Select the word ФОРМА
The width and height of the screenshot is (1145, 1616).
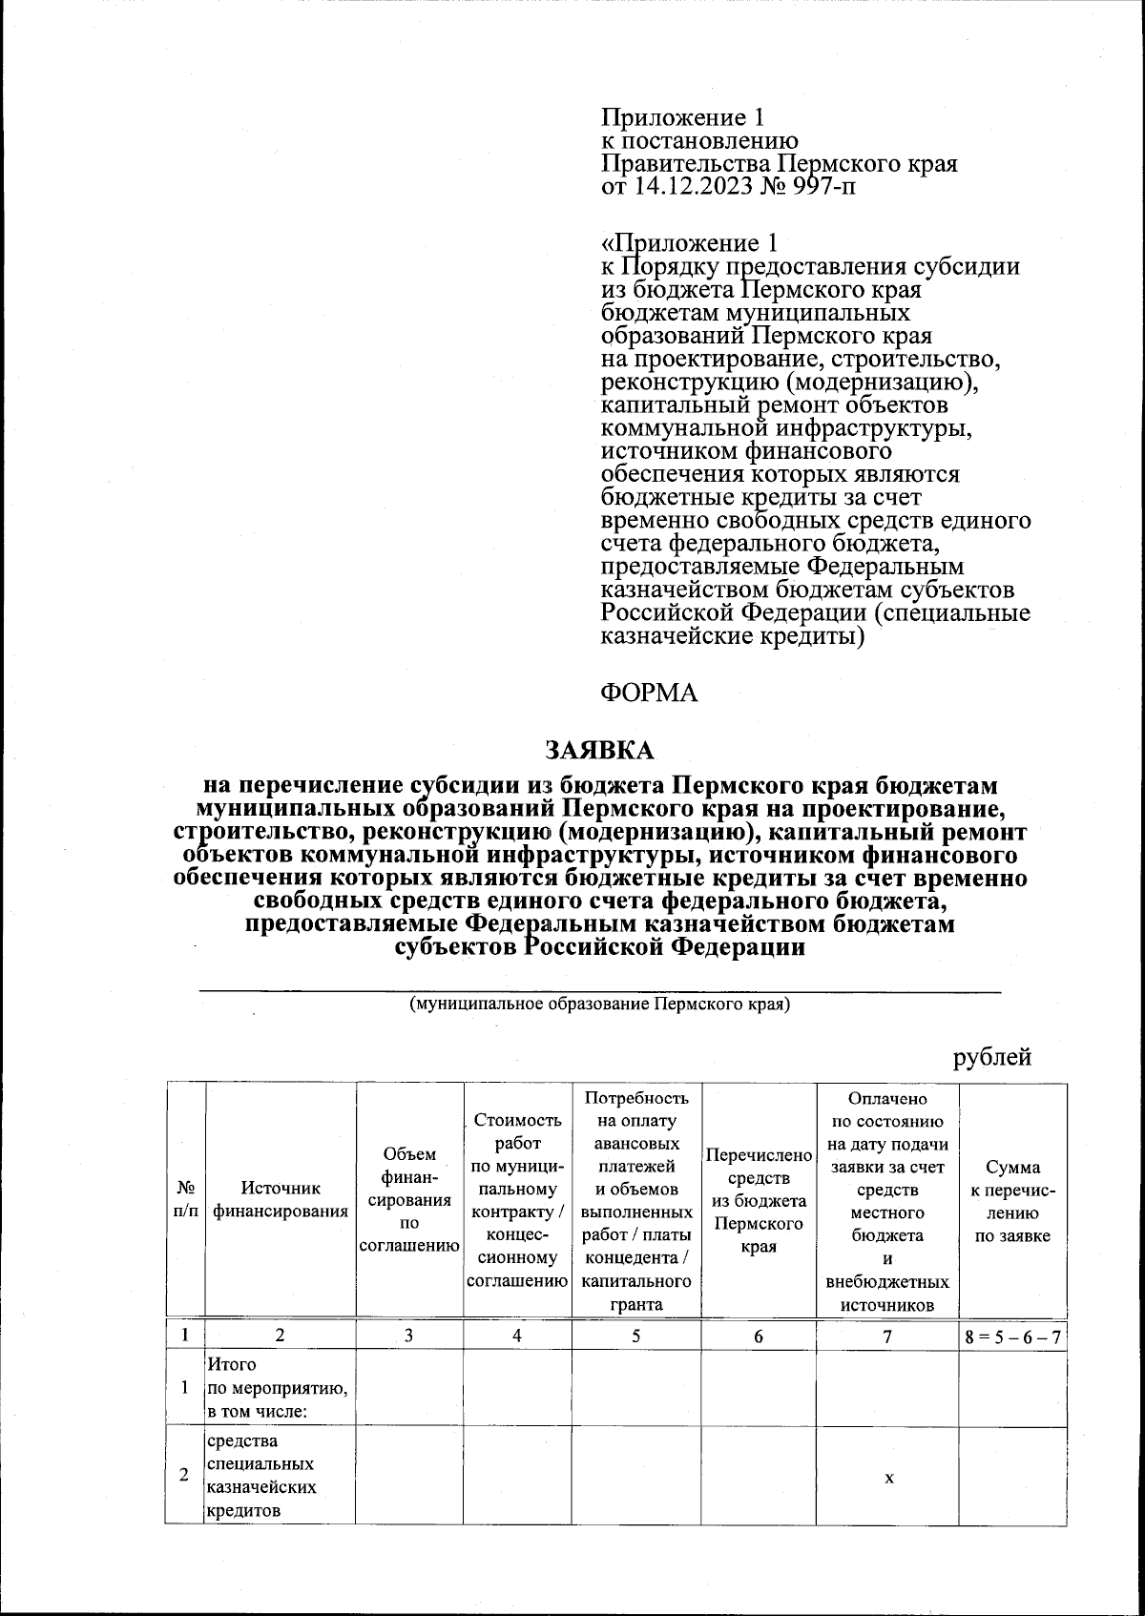[649, 693]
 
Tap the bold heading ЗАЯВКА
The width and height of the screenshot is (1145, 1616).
[599, 751]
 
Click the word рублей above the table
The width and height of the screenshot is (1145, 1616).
[992, 1057]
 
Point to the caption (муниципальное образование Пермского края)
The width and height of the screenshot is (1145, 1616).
[599, 1005]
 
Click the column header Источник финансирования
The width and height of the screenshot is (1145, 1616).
[281, 1200]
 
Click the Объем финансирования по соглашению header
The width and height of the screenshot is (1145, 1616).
[409, 1200]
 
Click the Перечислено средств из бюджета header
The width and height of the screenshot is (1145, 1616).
[759, 1200]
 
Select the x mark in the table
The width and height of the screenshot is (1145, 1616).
[888, 1478]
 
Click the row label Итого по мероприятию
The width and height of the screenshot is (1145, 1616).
[277, 1388]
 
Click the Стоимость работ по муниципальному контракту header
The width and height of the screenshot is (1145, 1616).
[516, 1200]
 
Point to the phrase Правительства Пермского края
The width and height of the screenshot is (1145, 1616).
[779, 164]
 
